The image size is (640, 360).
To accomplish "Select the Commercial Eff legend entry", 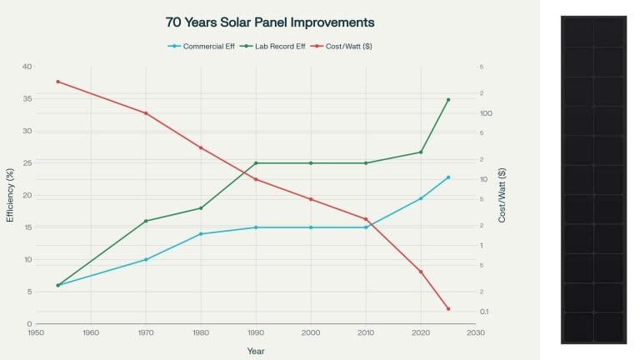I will pos(201,47).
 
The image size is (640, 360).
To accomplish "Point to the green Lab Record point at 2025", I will pos(447,100).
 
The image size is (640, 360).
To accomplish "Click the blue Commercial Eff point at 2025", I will pos(447,177).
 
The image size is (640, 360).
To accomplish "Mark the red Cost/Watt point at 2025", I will pos(447,309).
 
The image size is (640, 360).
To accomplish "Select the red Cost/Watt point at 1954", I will pos(57,82).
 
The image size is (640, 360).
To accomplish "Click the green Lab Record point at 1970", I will pos(146,221).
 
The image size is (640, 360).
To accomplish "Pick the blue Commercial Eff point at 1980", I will pos(201,234).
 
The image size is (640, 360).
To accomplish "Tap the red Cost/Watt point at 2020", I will pos(421,272).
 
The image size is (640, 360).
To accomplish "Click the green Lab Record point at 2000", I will pos(311,163).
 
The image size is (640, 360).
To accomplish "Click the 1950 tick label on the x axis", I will pos(36,332).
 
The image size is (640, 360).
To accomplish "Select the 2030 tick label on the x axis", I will pos(476,332).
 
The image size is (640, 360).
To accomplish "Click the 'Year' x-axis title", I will pos(256,351).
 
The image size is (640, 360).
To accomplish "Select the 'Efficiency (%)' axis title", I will pos(10,195).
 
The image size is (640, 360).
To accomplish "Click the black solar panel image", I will pos(593,179).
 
